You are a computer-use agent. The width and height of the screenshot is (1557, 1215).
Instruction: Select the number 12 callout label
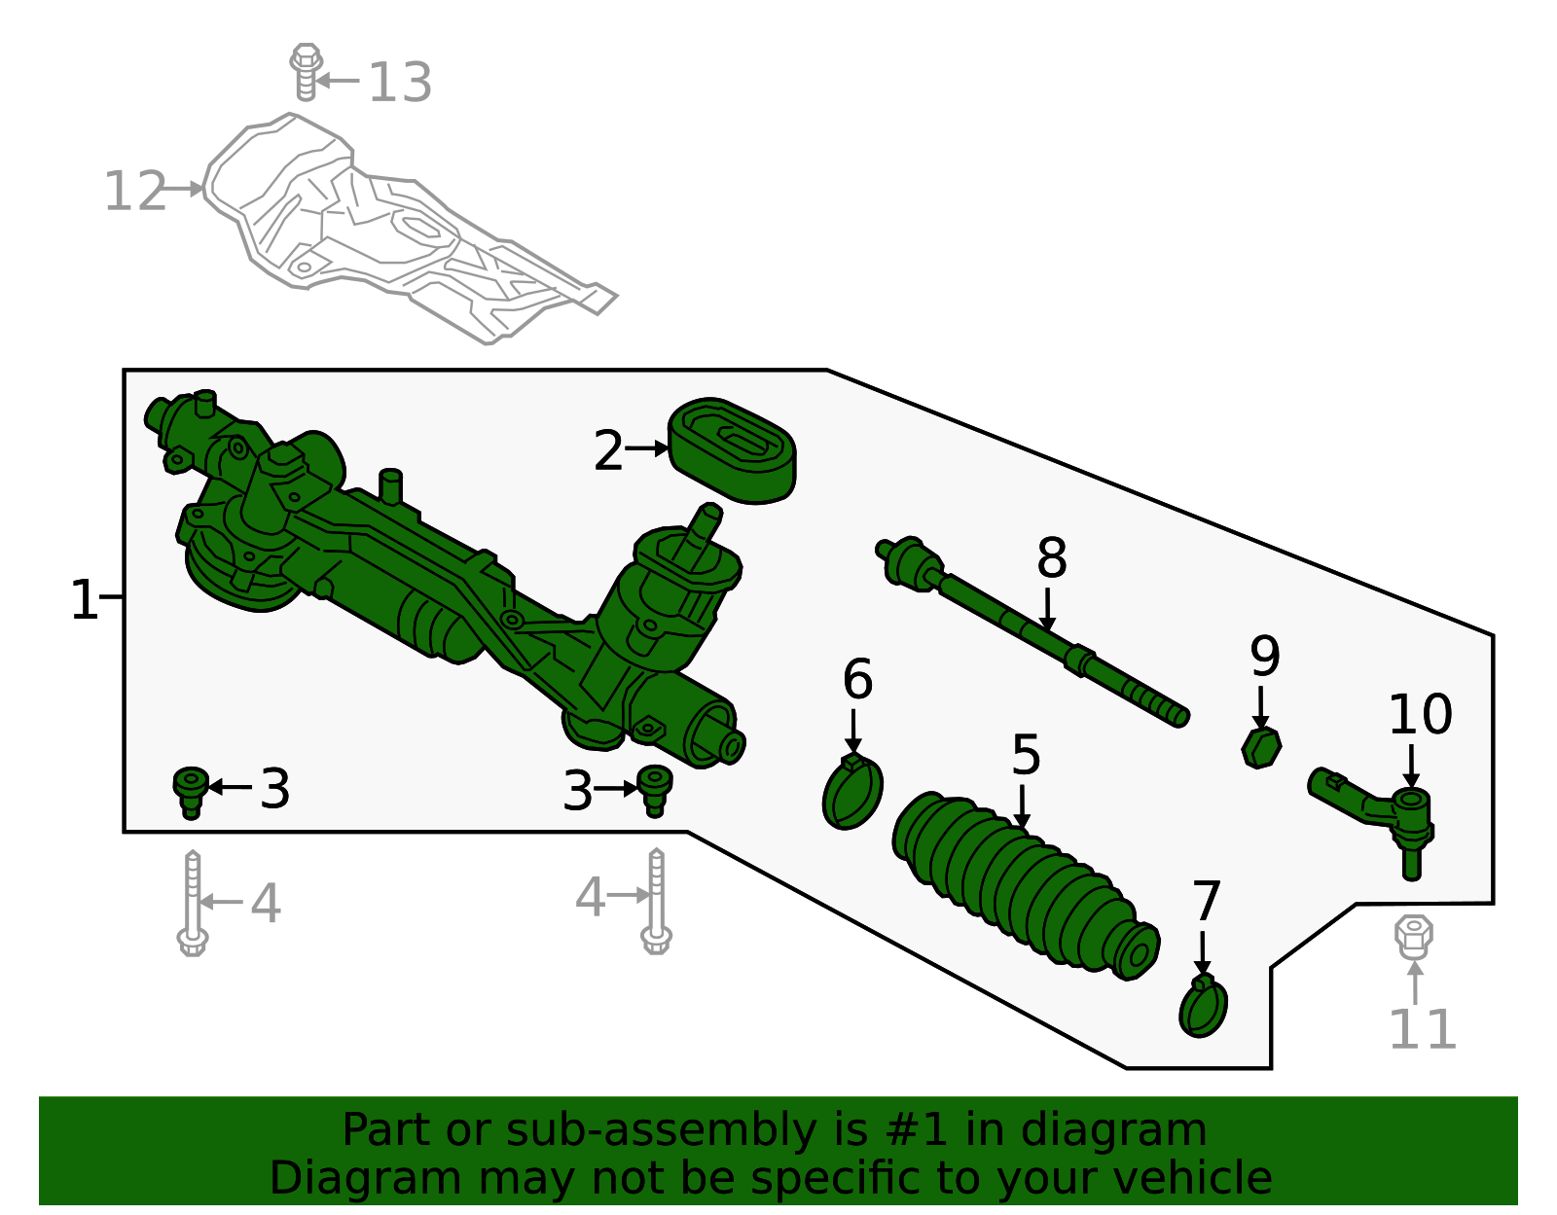point(135,192)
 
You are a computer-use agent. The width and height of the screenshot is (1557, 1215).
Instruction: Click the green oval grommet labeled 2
point(732,451)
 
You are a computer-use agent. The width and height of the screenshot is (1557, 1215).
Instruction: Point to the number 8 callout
point(1051,559)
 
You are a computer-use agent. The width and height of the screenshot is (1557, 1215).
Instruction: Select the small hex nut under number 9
point(1261,747)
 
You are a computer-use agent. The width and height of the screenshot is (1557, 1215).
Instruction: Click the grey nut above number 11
point(1413,936)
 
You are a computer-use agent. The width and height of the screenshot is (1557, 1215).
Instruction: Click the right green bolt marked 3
point(654,789)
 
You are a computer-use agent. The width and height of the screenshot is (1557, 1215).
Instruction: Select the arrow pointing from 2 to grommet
point(646,448)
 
